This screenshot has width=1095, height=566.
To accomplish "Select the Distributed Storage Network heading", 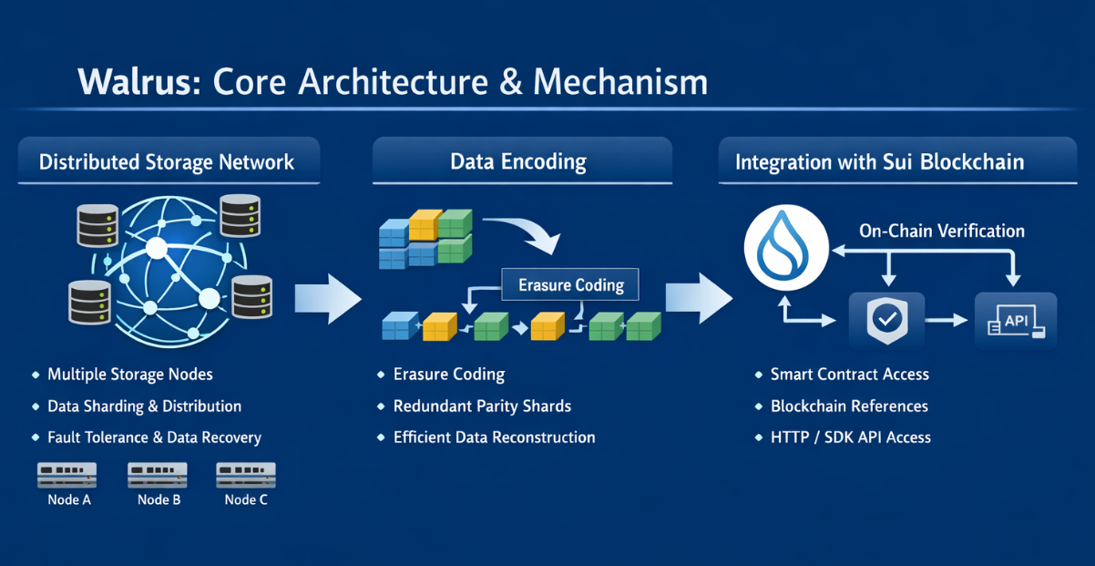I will point(167,162).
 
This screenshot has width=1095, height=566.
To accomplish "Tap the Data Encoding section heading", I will point(518,162).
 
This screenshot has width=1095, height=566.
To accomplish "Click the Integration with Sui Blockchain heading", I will point(879,162).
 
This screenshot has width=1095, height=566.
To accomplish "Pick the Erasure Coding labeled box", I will point(571,285).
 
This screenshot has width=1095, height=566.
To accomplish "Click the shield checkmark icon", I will point(885,320).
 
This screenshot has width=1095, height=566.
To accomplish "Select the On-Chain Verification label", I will point(942,231).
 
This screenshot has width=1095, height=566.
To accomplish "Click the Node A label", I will point(69,499).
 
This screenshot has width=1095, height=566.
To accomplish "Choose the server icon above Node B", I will point(158,475).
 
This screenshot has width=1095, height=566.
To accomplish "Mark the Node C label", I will point(246,499).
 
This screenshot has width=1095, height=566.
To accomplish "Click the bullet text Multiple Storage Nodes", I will point(130,375).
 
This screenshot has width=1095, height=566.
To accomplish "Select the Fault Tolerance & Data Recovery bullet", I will point(154,437).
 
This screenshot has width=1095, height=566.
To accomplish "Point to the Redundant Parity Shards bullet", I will point(482,406).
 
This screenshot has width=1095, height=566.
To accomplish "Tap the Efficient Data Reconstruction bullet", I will point(494,437).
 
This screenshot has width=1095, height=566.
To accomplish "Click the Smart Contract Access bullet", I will point(849,375).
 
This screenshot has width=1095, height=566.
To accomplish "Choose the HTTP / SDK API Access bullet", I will point(850,437).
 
